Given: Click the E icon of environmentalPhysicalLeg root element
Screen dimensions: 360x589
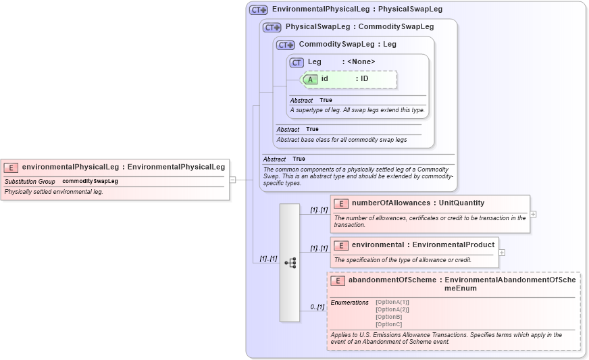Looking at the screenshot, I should (11, 168).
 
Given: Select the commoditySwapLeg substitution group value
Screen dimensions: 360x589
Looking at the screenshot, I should (90, 182).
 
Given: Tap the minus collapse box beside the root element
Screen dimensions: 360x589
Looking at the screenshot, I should (232, 180).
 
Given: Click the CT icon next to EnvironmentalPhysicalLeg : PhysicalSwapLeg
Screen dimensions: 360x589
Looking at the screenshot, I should (259, 10).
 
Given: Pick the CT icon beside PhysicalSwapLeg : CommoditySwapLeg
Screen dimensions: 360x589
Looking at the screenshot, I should (272, 28).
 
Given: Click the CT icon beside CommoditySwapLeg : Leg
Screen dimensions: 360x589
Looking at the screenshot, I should (286, 45).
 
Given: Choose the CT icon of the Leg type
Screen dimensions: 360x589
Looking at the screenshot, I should (297, 63).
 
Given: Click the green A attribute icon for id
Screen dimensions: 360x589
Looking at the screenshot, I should (310, 79).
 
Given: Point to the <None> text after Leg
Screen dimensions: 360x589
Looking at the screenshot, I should (361, 62).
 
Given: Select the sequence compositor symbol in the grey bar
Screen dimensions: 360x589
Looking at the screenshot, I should (290, 263).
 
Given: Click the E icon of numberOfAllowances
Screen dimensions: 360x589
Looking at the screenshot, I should (341, 203).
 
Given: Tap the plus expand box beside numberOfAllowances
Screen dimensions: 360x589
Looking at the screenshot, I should (534, 214).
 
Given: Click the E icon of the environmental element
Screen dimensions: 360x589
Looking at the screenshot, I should (341, 245).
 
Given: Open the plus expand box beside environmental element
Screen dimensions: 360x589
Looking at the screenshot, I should (502, 252).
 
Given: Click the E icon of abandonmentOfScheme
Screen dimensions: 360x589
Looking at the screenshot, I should (338, 280).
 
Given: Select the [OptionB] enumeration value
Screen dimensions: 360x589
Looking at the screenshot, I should (389, 317).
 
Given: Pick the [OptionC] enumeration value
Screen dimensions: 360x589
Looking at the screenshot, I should (389, 324).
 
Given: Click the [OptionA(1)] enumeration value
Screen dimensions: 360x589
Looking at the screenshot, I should (392, 302).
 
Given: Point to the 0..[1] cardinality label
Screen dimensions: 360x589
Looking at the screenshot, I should (317, 307).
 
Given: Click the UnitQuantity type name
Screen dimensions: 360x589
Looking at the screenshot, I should (461, 203).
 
